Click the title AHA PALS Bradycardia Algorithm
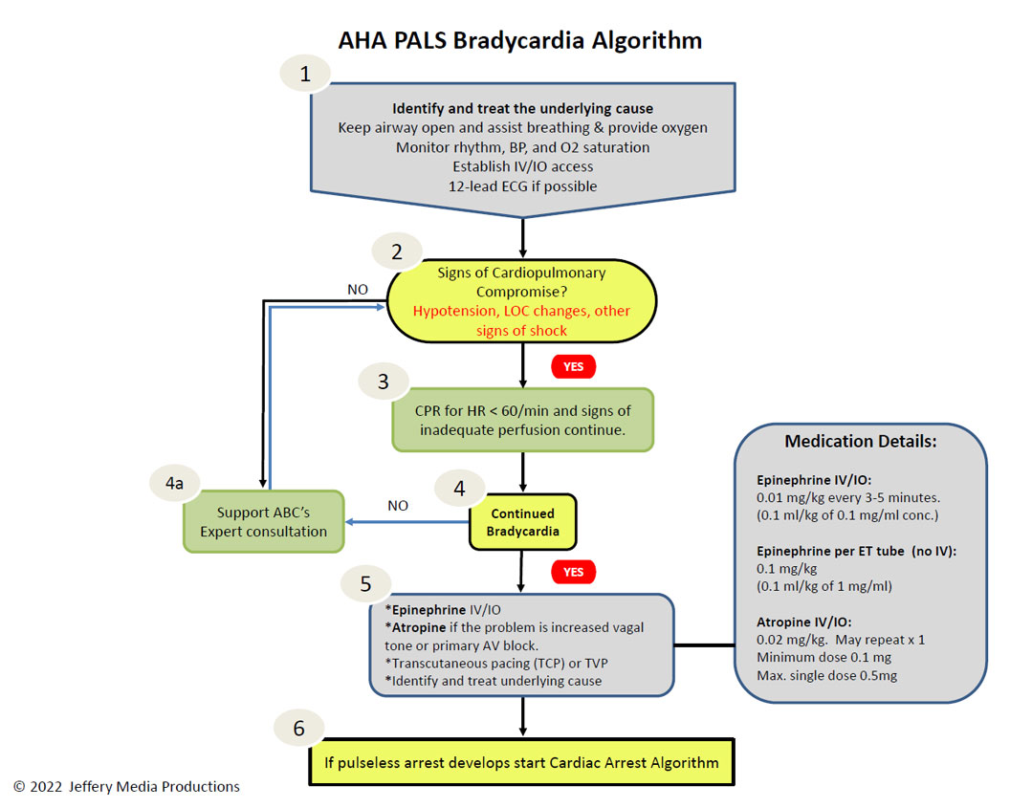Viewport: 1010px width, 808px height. click(520, 40)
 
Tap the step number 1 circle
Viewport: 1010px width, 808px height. click(305, 75)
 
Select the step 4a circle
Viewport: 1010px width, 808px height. click(174, 484)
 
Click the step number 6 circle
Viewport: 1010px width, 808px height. click(299, 729)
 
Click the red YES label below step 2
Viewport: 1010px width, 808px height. click(574, 366)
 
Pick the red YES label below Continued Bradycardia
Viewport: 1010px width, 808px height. click(574, 572)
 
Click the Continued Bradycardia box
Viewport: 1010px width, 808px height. click(522, 522)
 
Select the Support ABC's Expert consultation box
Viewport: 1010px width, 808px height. click(264, 522)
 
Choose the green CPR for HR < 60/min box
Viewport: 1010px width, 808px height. click(523, 420)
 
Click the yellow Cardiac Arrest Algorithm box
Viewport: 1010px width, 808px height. click(520, 763)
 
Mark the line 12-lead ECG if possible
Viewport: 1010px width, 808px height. click(522, 186)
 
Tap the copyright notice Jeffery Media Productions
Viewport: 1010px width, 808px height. click(126, 787)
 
